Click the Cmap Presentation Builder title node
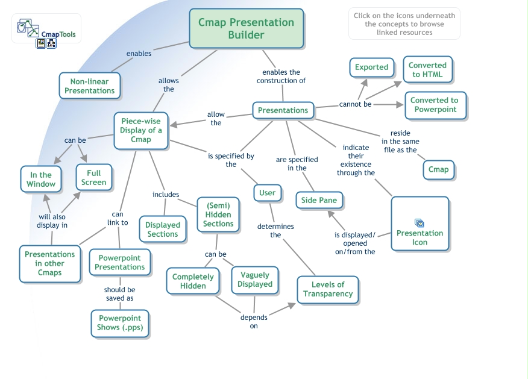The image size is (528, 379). click(x=246, y=28)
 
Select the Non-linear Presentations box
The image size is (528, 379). click(x=89, y=86)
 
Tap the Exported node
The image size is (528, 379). click(x=371, y=67)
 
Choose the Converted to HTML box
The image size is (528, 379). click(x=427, y=70)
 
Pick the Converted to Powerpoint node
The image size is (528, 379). click(x=434, y=105)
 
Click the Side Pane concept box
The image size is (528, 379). click(x=319, y=200)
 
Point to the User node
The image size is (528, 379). click(x=267, y=193)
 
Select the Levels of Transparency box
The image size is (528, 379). click(x=327, y=289)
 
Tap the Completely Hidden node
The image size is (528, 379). click(x=193, y=281)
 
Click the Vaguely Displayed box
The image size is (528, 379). click(x=255, y=280)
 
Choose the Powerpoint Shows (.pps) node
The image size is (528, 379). click(x=119, y=323)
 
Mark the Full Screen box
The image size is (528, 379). click(x=93, y=177)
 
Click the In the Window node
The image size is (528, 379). click(x=41, y=180)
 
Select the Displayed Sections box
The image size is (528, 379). click(x=162, y=230)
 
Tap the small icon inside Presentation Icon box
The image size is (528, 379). click(x=420, y=223)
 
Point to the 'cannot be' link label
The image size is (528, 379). click(x=354, y=104)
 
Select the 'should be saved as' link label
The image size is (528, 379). click(x=119, y=294)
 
